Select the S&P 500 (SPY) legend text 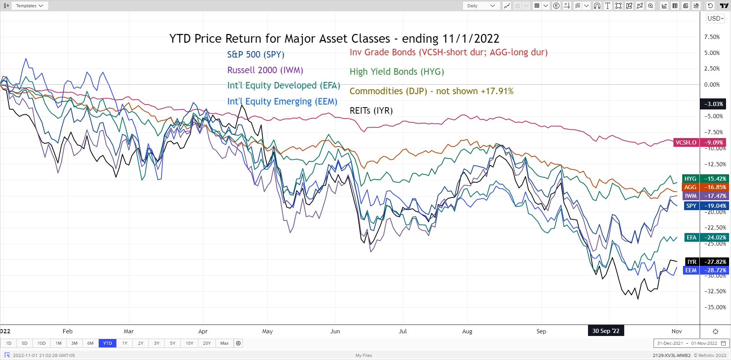tap(255, 55)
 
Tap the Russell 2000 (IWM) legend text tap(265, 70)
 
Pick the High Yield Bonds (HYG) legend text tap(397, 72)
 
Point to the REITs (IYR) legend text tap(371, 111)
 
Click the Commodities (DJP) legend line tap(431, 91)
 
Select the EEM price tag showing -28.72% tap(706, 270)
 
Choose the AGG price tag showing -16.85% tap(706, 187)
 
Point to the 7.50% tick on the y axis tap(712, 37)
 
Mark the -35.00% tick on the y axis tap(715, 307)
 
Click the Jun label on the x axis tap(335, 331)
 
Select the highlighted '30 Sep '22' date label tap(606, 331)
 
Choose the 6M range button tap(90, 343)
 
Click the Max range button tap(225, 343)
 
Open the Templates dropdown tap(30, 6)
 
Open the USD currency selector tap(715, 18)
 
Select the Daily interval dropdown tap(481, 6)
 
